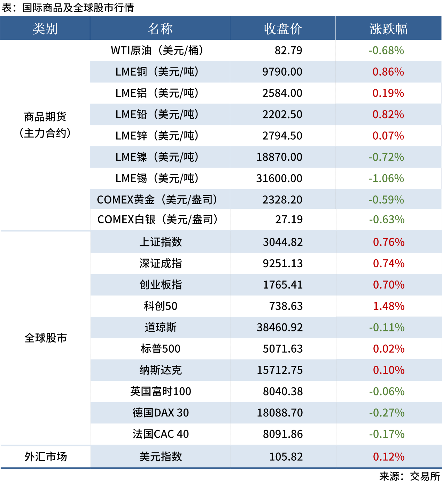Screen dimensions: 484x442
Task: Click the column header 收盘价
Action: (282, 29)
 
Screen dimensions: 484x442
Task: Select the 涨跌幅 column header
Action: (388, 29)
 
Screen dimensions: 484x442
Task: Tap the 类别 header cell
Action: (45, 29)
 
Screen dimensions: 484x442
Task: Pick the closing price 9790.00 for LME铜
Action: (282, 72)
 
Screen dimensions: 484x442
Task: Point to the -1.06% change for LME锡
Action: (386, 178)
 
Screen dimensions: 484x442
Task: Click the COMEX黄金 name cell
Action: (157, 200)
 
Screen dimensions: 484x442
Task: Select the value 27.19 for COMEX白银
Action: (289, 220)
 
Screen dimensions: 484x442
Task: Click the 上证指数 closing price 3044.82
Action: (282, 242)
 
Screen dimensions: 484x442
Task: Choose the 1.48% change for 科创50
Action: (389, 306)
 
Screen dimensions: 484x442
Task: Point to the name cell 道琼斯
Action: (161, 328)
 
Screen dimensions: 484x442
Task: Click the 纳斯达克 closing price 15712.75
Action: (280, 370)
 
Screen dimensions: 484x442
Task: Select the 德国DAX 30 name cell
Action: (161, 413)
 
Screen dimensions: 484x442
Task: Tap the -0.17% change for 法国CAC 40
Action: (387, 434)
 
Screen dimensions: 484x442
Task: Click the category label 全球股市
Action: (45, 338)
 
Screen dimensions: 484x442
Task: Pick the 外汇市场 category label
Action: (45, 457)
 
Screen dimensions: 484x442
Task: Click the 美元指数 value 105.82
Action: (286, 457)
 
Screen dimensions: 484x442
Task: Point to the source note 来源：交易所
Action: (409, 476)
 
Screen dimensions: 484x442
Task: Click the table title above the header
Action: (68, 8)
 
